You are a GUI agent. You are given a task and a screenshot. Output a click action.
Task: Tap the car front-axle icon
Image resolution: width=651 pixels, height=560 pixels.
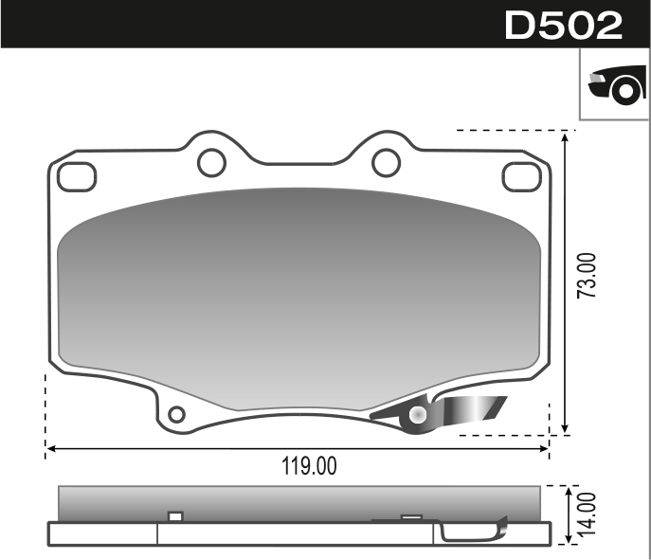pyautogui.click(x=615, y=86)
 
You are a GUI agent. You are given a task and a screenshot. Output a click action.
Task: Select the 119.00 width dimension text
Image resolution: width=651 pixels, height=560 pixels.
pyautogui.click(x=309, y=466)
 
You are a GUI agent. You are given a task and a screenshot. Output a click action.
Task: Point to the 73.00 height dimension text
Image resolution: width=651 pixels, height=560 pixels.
pyautogui.click(x=588, y=276)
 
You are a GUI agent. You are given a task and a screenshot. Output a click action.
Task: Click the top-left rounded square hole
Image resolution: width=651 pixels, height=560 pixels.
pyautogui.click(x=76, y=176)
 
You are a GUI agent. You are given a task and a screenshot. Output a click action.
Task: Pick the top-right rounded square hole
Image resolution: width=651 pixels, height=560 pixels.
pyautogui.click(x=519, y=176)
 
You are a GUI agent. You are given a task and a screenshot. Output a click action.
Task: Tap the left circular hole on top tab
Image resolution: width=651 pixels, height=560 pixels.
pyautogui.click(x=211, y=163)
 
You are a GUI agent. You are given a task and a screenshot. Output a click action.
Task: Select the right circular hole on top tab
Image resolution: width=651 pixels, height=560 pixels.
pyautogui.click(x=386, y=163)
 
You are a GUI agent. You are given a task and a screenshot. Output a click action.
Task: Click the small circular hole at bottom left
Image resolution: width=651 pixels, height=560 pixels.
pyautogui.click(x=176, y=415)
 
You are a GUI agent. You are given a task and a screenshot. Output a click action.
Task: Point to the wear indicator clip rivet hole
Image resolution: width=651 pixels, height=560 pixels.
pyautogui.click(x=418, y=415)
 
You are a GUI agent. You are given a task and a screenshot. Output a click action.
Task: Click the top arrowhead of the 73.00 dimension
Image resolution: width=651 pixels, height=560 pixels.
pyautogui.click(x=566, y=137)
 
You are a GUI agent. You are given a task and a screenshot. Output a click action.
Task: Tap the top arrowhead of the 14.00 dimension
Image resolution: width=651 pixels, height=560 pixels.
pyautogui.click(x=566, y=493)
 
